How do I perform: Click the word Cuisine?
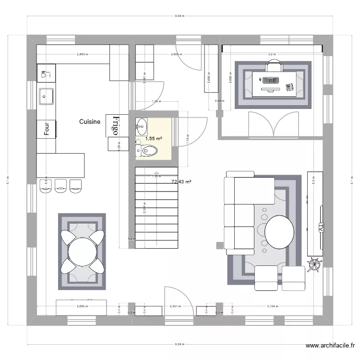tap(90, 122)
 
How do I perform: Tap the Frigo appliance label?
tap(115, 125)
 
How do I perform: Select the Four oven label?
tap(47, 128)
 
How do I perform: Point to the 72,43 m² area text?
tap(181, 181)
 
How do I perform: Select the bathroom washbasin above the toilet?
tap(142, 128)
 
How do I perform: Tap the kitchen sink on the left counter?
tap(47, 96)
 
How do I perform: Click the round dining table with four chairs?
tap(83, 250)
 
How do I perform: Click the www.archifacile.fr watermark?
tap(331, 346)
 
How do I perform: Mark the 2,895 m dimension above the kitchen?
tap(83, 54)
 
